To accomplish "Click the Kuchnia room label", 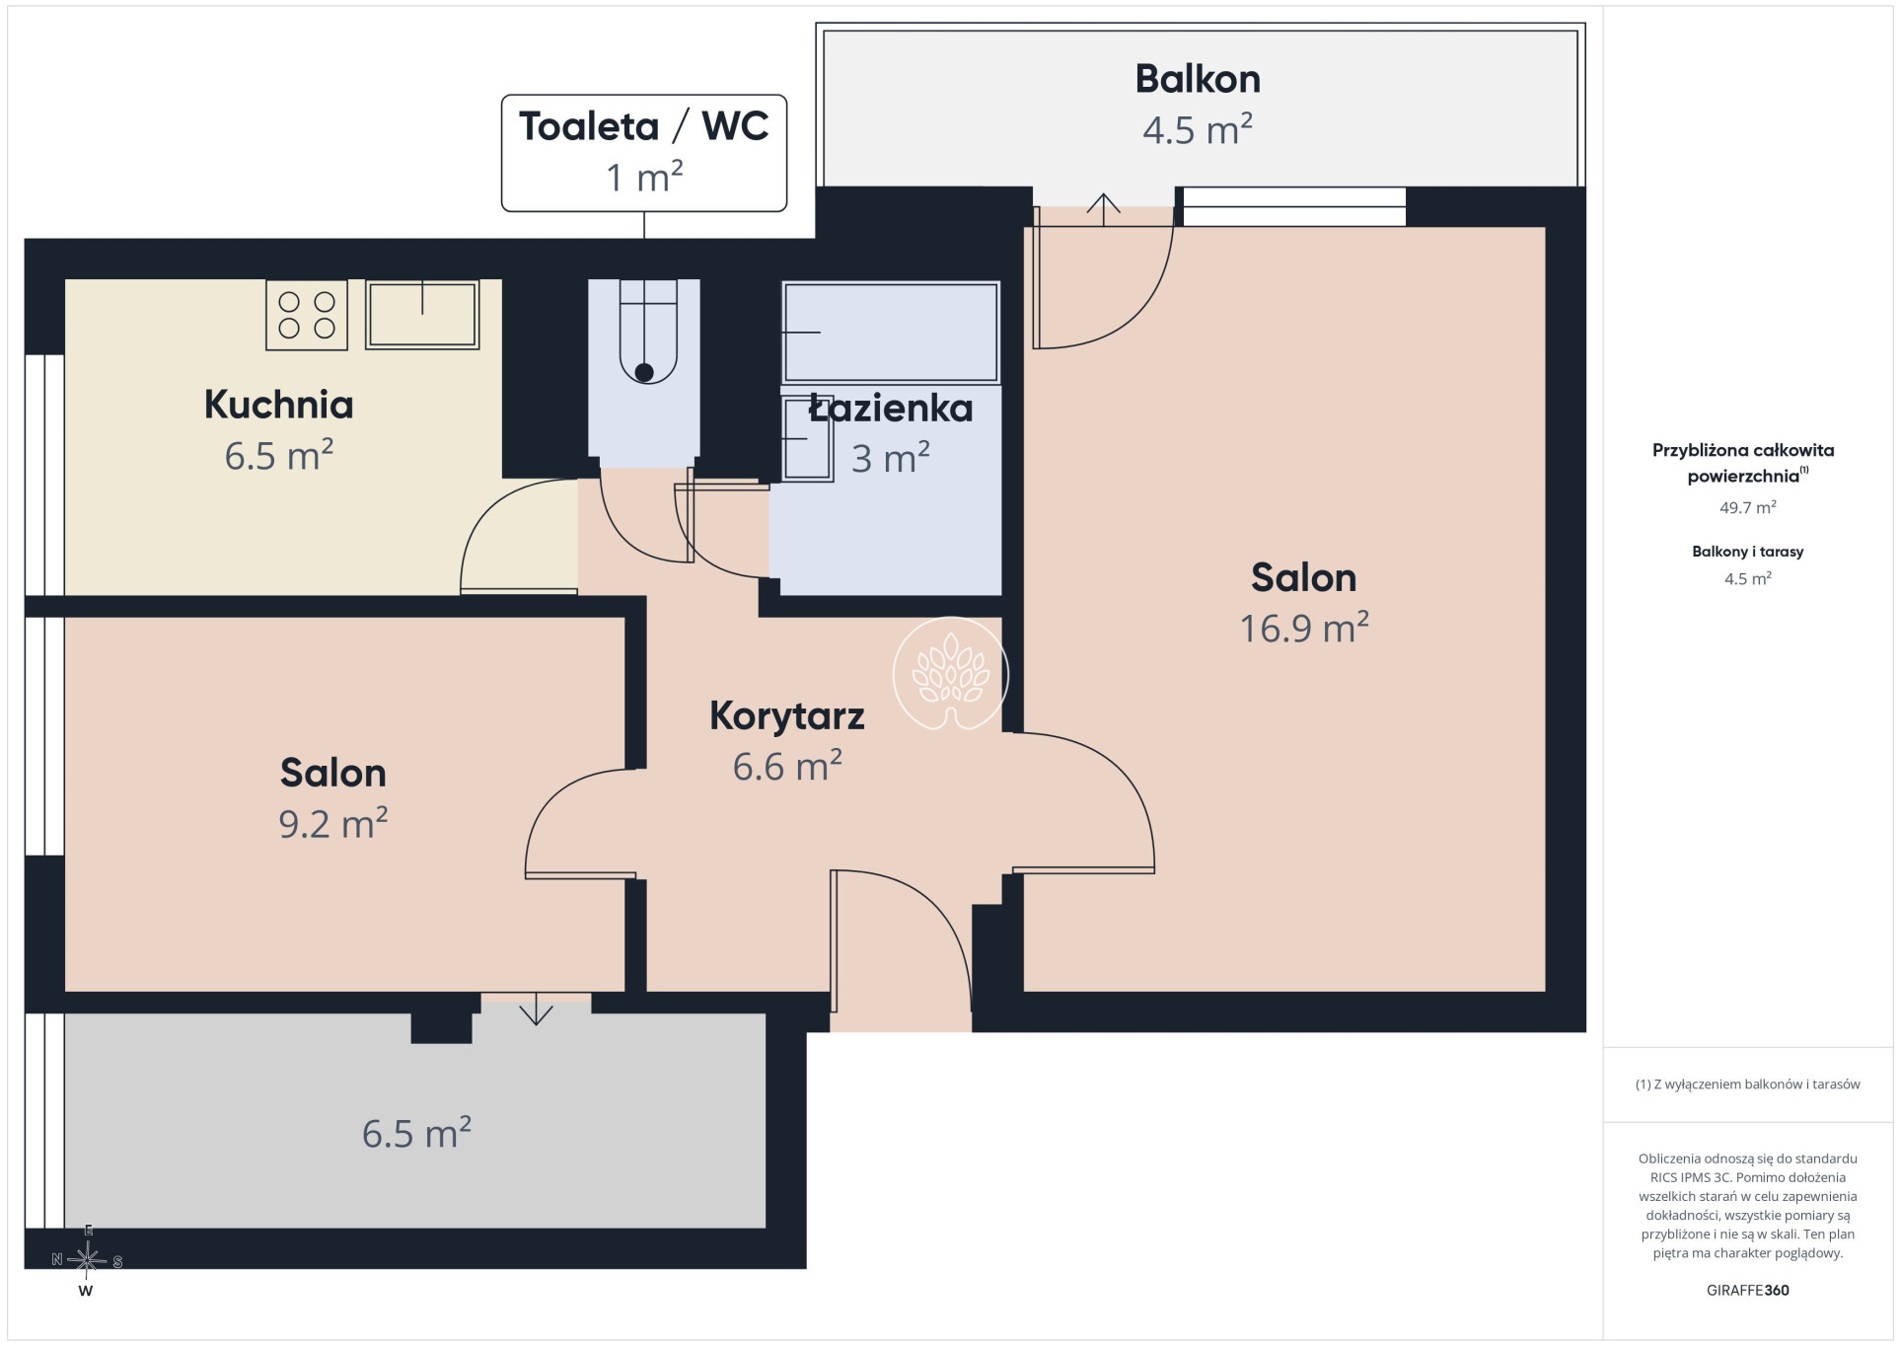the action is [x=278, y=405].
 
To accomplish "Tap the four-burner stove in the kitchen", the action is [x=307, y=315].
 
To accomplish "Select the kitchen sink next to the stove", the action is [x=422, y=315].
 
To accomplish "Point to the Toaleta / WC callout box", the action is [x=644, y=153].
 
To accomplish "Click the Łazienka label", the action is [x=891, y=409].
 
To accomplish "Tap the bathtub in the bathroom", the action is [x=891, y=332].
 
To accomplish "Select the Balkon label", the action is [x=1198, y=79].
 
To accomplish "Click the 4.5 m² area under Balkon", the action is [x=1198, y=129].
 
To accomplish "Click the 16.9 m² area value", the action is [x=1304, y=628].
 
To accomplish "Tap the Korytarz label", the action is [x=787, y=716].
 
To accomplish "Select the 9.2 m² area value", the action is [x=333, y=823].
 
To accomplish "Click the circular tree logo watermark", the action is [x=950, y=674].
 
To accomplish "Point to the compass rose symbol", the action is [x=87, y=1260].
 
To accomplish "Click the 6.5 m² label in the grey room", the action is [x=416, y=1133].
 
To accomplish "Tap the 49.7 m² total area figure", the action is [x=1747, y=507].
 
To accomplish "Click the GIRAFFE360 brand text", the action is [x=1747, y=1290].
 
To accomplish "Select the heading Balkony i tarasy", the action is [x=1747, y=552].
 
